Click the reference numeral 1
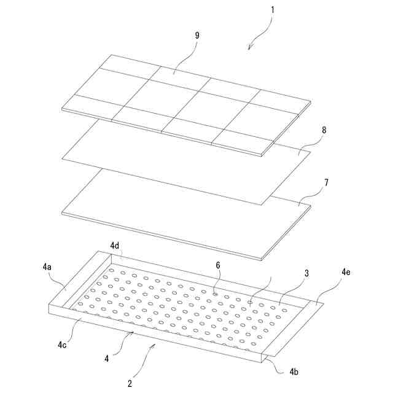(273, 10)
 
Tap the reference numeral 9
(197, 36)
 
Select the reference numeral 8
(324, 130)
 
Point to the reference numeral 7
(326, 183)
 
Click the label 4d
(115, 246)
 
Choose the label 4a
(47, 267)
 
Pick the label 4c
(62, 345)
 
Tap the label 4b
(294, 372)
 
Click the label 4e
(346, 272)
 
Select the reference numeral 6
(218, 265)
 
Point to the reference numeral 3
(306, 273)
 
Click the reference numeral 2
(130, 383)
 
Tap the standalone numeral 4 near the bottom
(107, 359)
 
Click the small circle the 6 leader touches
(215, 294)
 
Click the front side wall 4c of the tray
(155, 333)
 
